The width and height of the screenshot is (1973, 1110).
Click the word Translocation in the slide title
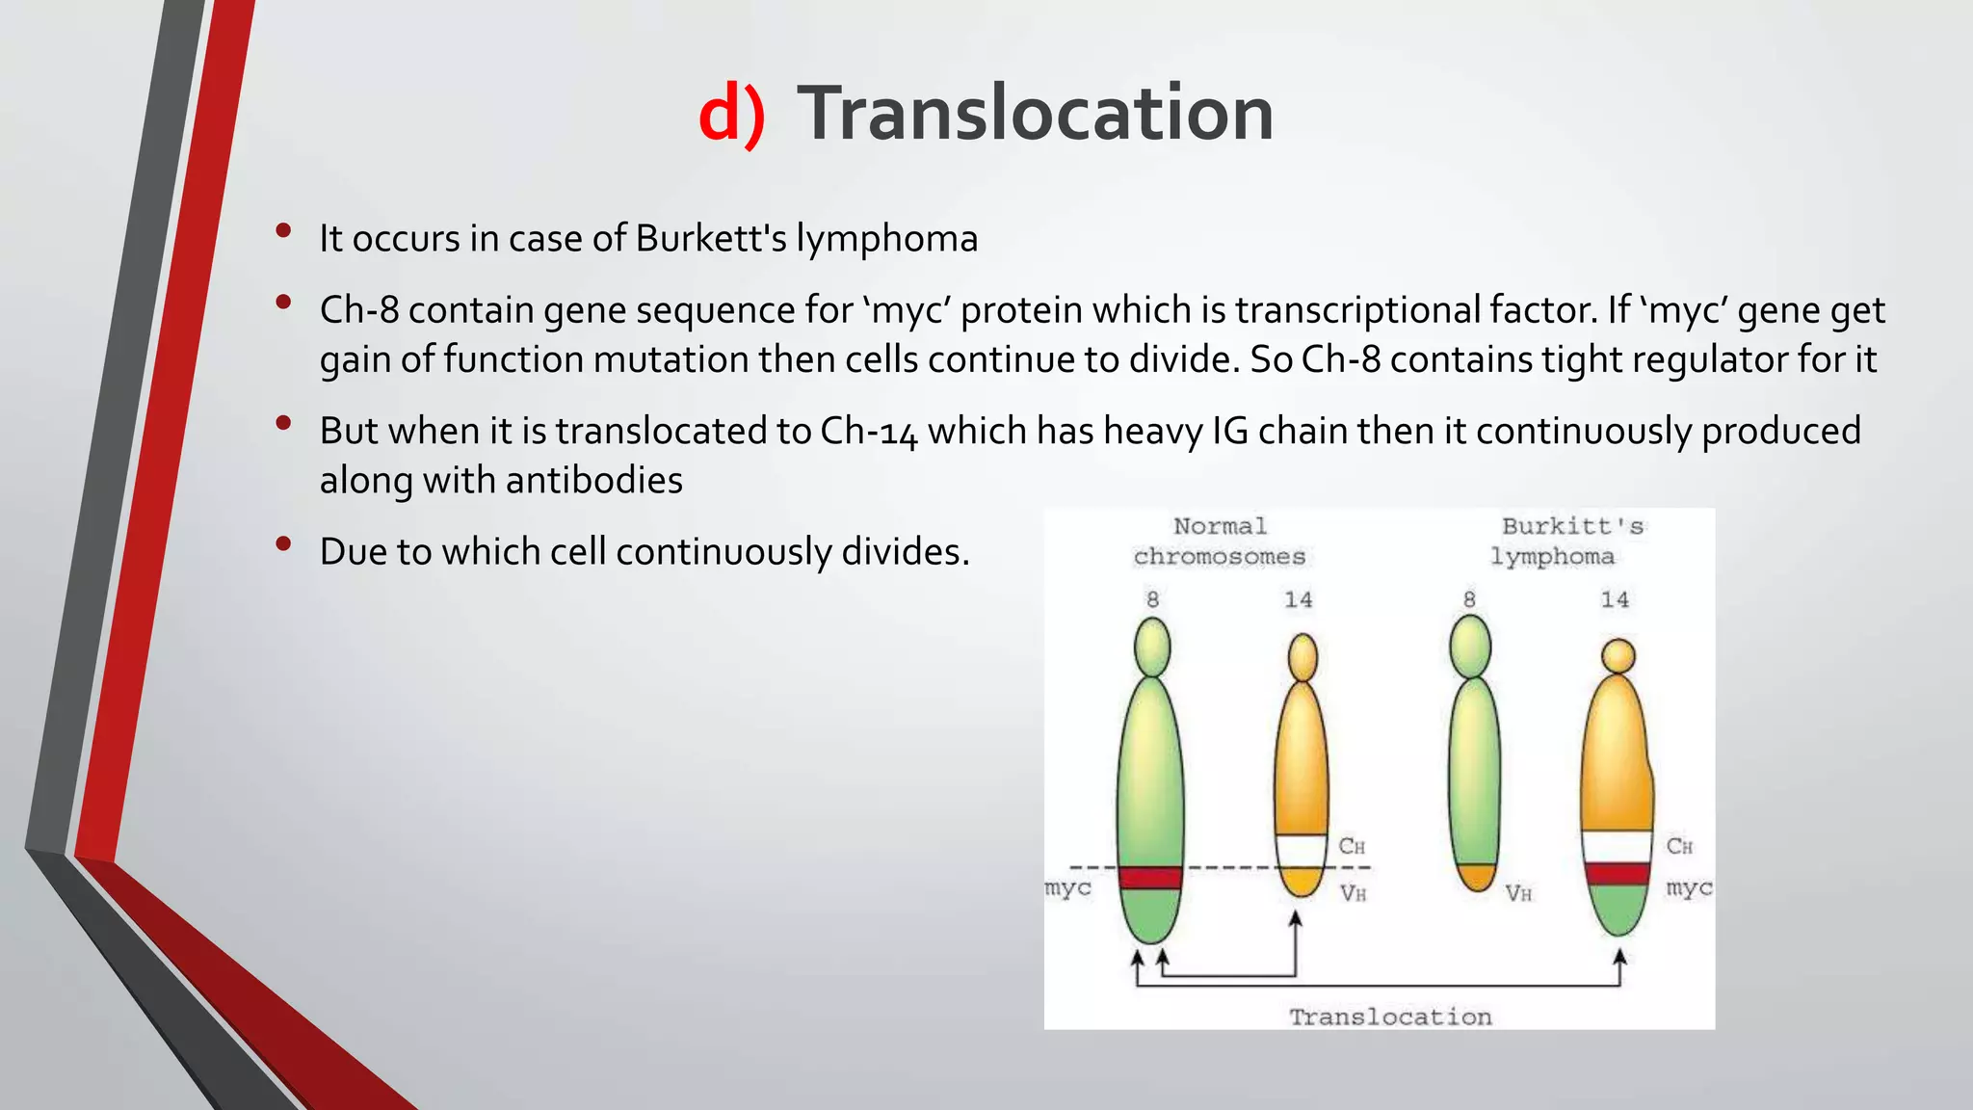[1036, 114]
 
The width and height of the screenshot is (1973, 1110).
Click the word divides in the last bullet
[904, 552]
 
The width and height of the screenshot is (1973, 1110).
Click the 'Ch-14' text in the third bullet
[868, 432]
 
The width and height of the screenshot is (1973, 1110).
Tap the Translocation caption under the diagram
[1390, 1017]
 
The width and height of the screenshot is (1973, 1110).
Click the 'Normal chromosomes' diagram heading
[1220, 542]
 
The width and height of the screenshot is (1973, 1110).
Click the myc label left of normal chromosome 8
[1067, 886]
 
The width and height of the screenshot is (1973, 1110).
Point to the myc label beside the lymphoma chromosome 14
[1689, 886]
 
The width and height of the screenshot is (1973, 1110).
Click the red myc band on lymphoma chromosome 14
[1618, 874]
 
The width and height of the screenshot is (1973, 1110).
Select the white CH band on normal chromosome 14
[1302, 851]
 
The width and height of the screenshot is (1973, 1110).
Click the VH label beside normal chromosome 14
[1353, 893]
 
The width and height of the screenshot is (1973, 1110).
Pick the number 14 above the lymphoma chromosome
[1615, 599]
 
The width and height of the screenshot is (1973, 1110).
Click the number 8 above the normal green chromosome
[1152, 599]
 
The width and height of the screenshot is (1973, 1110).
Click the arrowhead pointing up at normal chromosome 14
[1296, 919]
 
